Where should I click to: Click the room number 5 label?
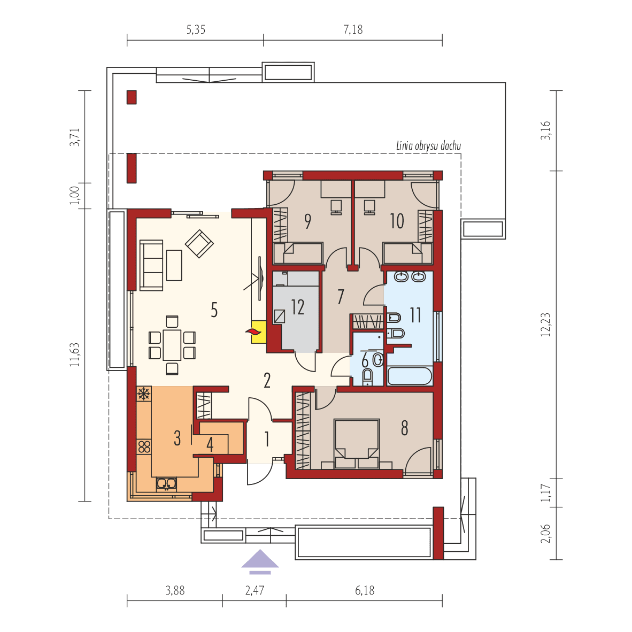214,310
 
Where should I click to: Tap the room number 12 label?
297,307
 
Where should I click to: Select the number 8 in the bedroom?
404,428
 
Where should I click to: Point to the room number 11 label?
415,315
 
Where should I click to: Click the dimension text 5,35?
196,30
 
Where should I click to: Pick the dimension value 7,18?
353,30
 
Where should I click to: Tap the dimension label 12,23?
545,325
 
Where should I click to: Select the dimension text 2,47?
255,591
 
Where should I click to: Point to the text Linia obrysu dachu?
428,145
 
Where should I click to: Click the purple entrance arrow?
260,561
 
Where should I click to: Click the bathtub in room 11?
410,376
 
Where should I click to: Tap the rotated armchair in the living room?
199,244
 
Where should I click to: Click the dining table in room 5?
172,345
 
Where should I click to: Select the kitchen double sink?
166,484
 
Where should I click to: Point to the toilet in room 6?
367,376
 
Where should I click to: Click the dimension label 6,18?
365,591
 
